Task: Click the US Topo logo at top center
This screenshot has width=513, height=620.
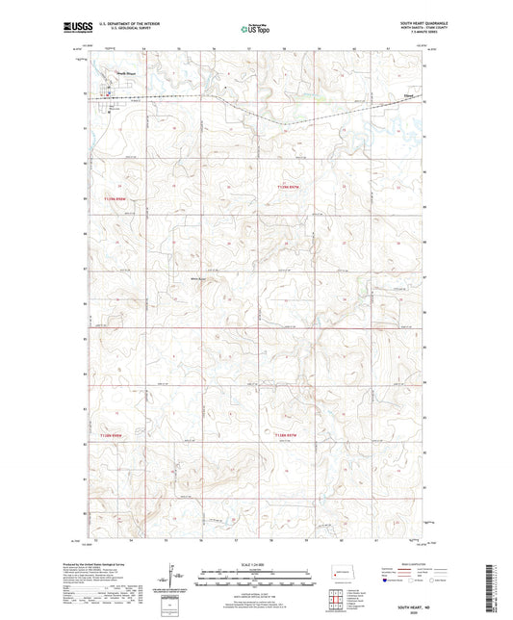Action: click(x=255, y=30)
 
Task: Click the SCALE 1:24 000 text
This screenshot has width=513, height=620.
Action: click(x=255, y=563)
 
